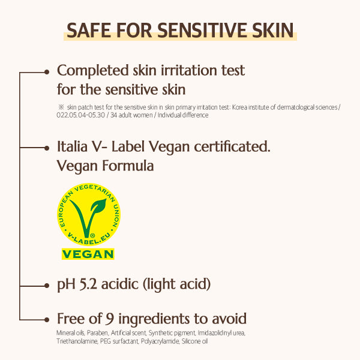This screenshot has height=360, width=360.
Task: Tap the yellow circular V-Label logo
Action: pyautogui.click(x=88, y=214)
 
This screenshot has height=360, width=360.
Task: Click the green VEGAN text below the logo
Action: pyautogui.click(x=88, y=254)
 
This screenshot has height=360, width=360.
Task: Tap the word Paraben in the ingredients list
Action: pyautogui.click(x=97, y=332)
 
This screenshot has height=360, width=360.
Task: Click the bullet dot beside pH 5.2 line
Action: pyautogui.click(x=47, y=283)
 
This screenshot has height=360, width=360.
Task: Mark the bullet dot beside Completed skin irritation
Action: pyautogui.click(x=47, y=71)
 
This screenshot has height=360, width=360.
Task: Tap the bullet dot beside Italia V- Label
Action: pyautogui.click(x=47, y=147)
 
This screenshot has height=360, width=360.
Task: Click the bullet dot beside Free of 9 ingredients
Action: pyautogui.click(x=47, y=319)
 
